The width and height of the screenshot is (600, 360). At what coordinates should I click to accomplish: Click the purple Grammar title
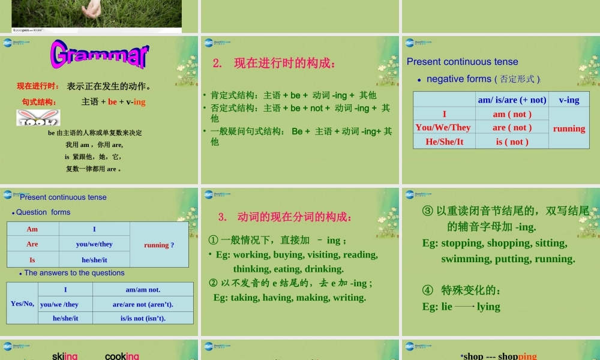(100, 55)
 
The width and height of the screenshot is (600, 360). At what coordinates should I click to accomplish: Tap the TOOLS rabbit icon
(29, 119)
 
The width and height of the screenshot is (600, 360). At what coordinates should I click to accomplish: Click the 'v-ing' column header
(569, 100)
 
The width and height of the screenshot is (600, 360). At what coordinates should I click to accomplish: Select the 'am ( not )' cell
(512, 114)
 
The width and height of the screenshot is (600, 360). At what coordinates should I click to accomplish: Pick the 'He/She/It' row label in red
(444, 142)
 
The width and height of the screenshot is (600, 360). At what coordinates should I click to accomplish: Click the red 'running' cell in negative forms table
(569, 128)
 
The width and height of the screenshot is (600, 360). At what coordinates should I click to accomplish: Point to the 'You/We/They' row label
(443, 127)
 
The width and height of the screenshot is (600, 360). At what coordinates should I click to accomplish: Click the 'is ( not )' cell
(512, 142)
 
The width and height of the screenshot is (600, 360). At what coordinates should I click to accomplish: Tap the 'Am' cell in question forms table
(32, 229)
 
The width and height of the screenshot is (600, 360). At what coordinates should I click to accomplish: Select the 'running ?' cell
(159, 245)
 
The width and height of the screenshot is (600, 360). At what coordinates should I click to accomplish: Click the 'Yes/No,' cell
(23, 304)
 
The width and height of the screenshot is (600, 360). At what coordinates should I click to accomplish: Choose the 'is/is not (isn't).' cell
(143, 318)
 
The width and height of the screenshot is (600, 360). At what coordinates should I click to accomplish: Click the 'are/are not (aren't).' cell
(143, 304)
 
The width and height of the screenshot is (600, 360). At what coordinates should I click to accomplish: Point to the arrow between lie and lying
(464, 307)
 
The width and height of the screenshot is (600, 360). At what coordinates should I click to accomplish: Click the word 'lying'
(488, 307)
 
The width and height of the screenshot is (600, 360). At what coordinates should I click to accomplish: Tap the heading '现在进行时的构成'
(285, 63)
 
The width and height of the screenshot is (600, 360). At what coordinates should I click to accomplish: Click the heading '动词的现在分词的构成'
(294, 217)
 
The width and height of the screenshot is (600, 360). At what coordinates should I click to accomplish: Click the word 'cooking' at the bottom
(122, 356)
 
